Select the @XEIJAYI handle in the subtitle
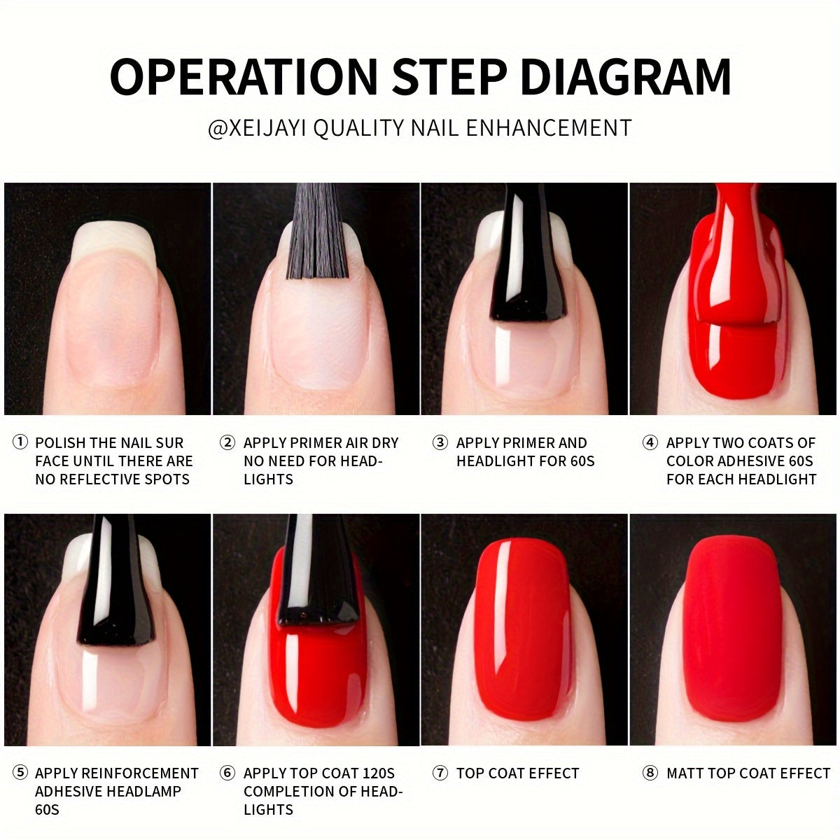(257, 128)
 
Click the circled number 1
(20, 442)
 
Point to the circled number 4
(650, 442)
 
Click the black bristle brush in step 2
(317, 231)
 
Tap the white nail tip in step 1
(114, 242)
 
